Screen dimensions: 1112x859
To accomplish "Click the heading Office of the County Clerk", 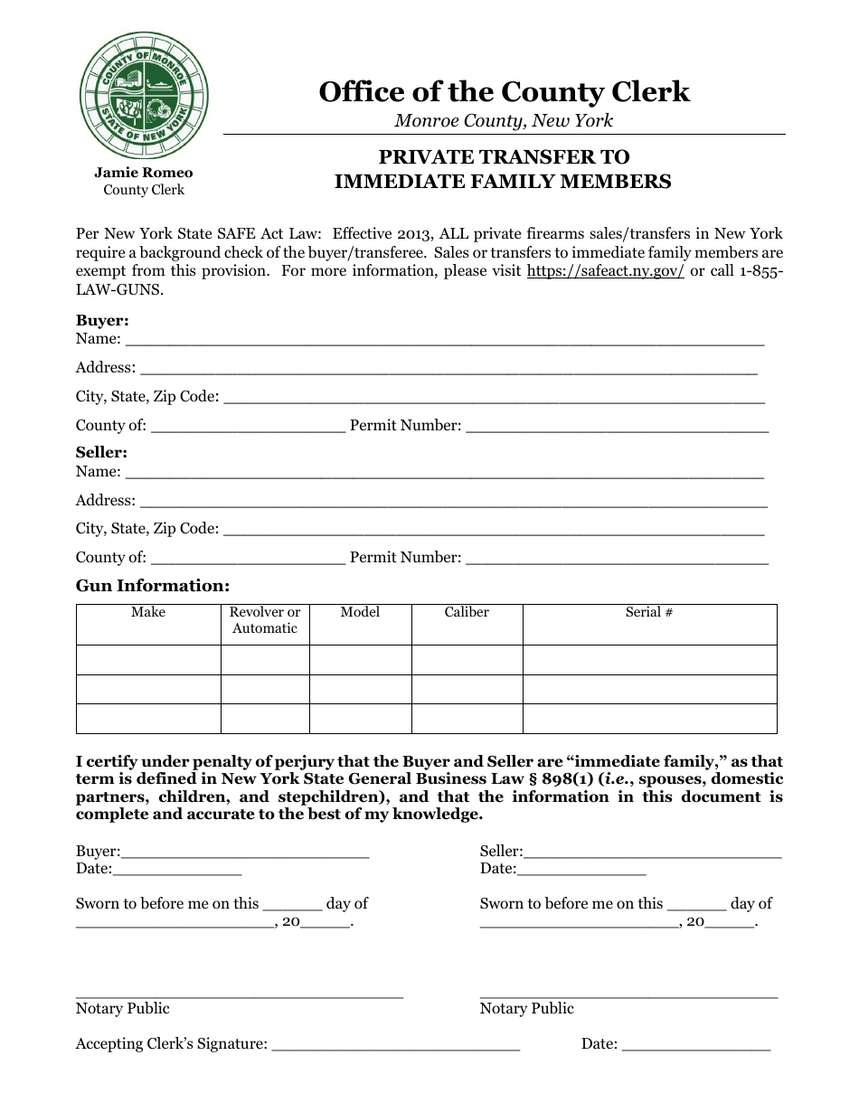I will pyautogui.click(x=504, y=92).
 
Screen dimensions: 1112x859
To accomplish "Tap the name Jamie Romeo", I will pyautogui.click(x=144, y=173).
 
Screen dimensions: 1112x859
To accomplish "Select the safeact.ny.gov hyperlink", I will pyautogui.click(x=605, y=270).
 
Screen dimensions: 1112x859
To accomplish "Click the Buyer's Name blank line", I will pyautogui.click(x=444, y=340).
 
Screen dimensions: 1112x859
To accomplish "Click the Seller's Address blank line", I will pyautogui.click(x=454, y=501).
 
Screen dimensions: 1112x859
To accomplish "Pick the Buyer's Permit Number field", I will pyautogui.click(x=617, y=426).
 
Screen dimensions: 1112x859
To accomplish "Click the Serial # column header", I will pyautogui.click(x=649, y=613).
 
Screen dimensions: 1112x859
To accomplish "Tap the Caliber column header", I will pyautogui.click(x=467, y=613).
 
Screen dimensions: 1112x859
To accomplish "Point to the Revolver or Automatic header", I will pyautogui.click(x=265, y=620).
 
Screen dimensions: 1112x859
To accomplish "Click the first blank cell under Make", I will pyautogui.click(x=148, y=659).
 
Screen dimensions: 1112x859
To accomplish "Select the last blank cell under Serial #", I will pyautogui.click(x=649, y=718).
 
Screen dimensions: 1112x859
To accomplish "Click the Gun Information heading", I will pyautogui.click(x=153, y=586).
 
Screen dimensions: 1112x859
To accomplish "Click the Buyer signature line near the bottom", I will pyautogui.click(x=244, y=852).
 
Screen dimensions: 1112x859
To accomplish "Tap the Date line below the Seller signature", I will pyautogui.click(x=581, y=870).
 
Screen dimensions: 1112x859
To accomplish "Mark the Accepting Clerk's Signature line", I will pyautogui.click(x=395, y=1045).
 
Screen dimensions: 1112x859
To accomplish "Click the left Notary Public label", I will pyautogui.click(x=122, y=1009).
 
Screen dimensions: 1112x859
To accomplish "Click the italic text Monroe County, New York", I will pyautogui.click(x=504, y=120).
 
